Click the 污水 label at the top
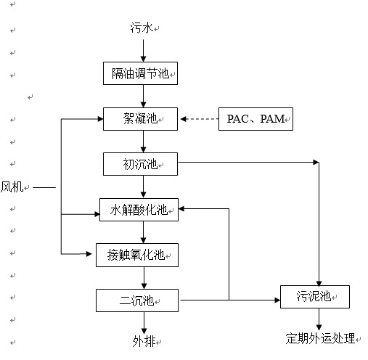click(142, 28)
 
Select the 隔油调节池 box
click(140, 73)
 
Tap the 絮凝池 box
click(140, 119)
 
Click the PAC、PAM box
click(255, 119)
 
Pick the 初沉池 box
click(140, 164)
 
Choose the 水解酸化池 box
click(139, 210)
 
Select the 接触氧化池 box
click(137, 255)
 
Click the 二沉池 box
click(137, 300)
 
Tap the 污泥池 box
click(315, 297)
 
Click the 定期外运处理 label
click(320, 338)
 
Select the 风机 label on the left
click(12, 187)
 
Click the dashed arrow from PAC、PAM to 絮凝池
click(200, 119)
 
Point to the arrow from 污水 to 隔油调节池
click(143, 51)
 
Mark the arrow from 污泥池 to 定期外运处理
click(319, 319)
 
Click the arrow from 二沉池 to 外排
click(144, 323)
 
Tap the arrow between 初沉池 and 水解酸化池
click(143, 187)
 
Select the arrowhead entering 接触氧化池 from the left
click(89, 254)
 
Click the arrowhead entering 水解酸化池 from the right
click(181, 209)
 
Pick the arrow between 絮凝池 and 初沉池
click(143, 142)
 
